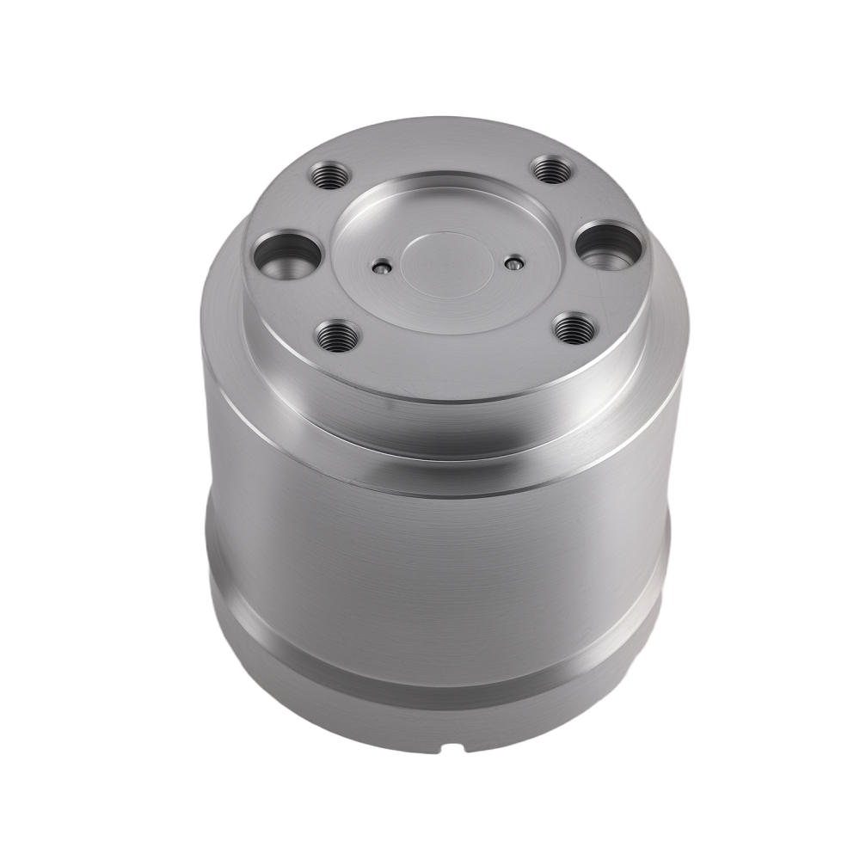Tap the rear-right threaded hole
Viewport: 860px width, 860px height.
551,170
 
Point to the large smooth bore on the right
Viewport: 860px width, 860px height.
609,246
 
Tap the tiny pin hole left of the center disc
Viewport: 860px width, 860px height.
380,268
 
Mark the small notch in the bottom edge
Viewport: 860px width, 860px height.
453,746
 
